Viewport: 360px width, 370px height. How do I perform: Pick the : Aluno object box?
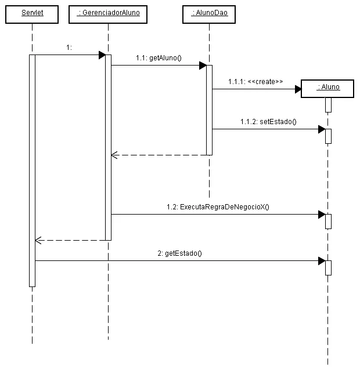coord(328,88)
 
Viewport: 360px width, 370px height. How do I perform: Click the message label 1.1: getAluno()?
coord(159,57)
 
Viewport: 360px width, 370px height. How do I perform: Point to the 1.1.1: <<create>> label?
coord(255,82)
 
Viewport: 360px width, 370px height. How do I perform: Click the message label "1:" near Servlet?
coord(69,48)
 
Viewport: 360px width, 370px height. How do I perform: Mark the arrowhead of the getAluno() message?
coord(203,66)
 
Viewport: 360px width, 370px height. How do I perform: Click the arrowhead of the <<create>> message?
coord(298,89)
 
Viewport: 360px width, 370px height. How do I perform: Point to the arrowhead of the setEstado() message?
coord(322,129)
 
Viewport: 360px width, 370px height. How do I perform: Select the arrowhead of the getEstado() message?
coord(322,261)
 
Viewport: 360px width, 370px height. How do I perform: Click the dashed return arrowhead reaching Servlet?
coord(38,240)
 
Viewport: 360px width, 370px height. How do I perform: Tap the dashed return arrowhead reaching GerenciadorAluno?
coord(114,155)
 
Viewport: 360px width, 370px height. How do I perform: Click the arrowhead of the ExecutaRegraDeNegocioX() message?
coord(322,215)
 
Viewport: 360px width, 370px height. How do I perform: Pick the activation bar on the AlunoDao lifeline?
coord(209,110)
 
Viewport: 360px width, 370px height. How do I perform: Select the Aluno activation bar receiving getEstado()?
coord(328,267)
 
